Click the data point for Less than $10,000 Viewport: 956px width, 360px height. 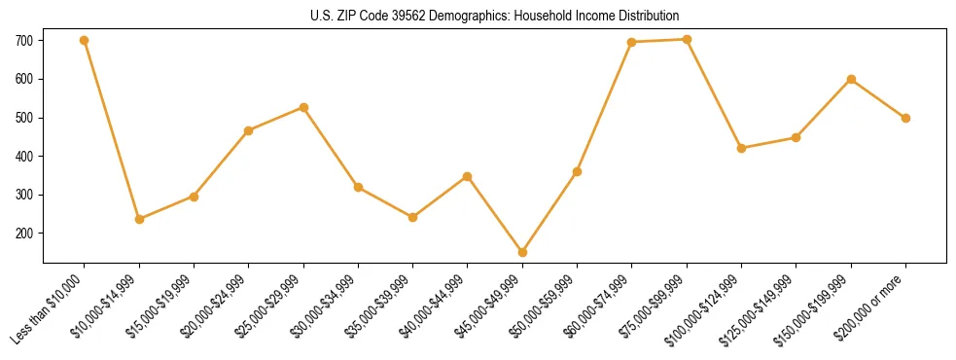85,41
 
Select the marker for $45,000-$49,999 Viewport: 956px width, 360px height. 522,252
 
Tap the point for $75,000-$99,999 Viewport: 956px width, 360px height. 687,40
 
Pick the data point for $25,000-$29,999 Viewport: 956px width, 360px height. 303,107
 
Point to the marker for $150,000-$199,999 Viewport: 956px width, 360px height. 851,79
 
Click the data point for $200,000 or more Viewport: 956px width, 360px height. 905,118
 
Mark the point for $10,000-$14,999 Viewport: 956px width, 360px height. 139,219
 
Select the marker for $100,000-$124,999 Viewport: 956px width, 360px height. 741,148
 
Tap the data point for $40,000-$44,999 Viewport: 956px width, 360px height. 468,176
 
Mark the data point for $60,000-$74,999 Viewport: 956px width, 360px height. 632,42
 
